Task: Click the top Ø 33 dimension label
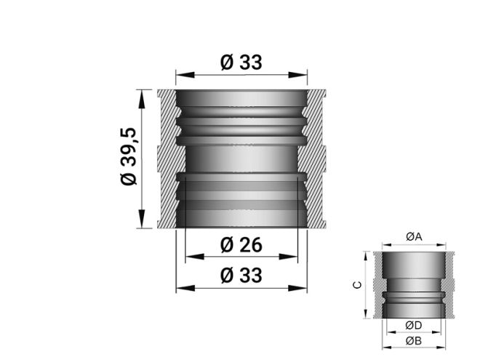[241, 63]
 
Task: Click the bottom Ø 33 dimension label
[241, 276]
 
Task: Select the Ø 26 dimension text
[241, 245]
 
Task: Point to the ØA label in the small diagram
[414, 236]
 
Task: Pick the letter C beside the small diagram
[355, 285]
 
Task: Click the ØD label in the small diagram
[414, 324]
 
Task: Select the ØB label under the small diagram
[414, 340]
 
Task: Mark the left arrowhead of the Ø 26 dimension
[191, 257]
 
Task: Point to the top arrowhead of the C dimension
[364, 255]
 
